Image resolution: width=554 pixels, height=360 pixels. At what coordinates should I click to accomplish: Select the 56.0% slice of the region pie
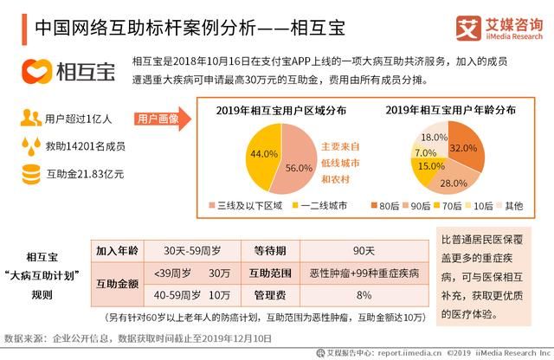pyautogui.click(x=297, y=168)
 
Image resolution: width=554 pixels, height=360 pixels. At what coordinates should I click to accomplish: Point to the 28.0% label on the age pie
pyautogui.click(x=453, y=183)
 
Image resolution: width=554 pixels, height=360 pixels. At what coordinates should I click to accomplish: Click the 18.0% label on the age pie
pyautogui.click(x=434, y=138)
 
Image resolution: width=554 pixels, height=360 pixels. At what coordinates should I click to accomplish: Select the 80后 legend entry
pyautogui.click(x=384, y=206)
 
